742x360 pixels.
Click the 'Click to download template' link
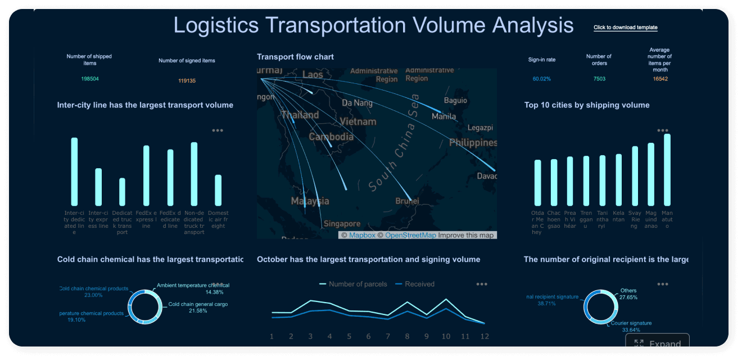[x=625, y=28]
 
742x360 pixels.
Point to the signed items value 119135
[x=187, y=81]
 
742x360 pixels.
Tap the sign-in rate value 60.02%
[x=541, y=79]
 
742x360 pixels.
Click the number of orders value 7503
[x=599, y=79]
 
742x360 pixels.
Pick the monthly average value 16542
[x=660, y=79]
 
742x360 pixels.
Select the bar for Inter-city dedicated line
[x=74, y=172]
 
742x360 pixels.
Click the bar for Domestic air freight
[x=218, y=190]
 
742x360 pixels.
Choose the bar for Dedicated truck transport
[x=122, y=192]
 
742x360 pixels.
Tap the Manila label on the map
[x=444, y=116]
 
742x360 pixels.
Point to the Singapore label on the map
[x=342, y=223]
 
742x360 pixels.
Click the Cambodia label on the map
[x=331, y=137]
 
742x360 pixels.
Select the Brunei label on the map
[x=407, y=201]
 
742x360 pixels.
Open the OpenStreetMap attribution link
[x=410, y=235]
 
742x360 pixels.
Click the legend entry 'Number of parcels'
[x=353, y=284]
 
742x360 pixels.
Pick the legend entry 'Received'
[x=415, y=284]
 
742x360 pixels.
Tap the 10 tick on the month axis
[x=446, y=336]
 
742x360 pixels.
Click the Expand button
[x=657, y=344]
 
